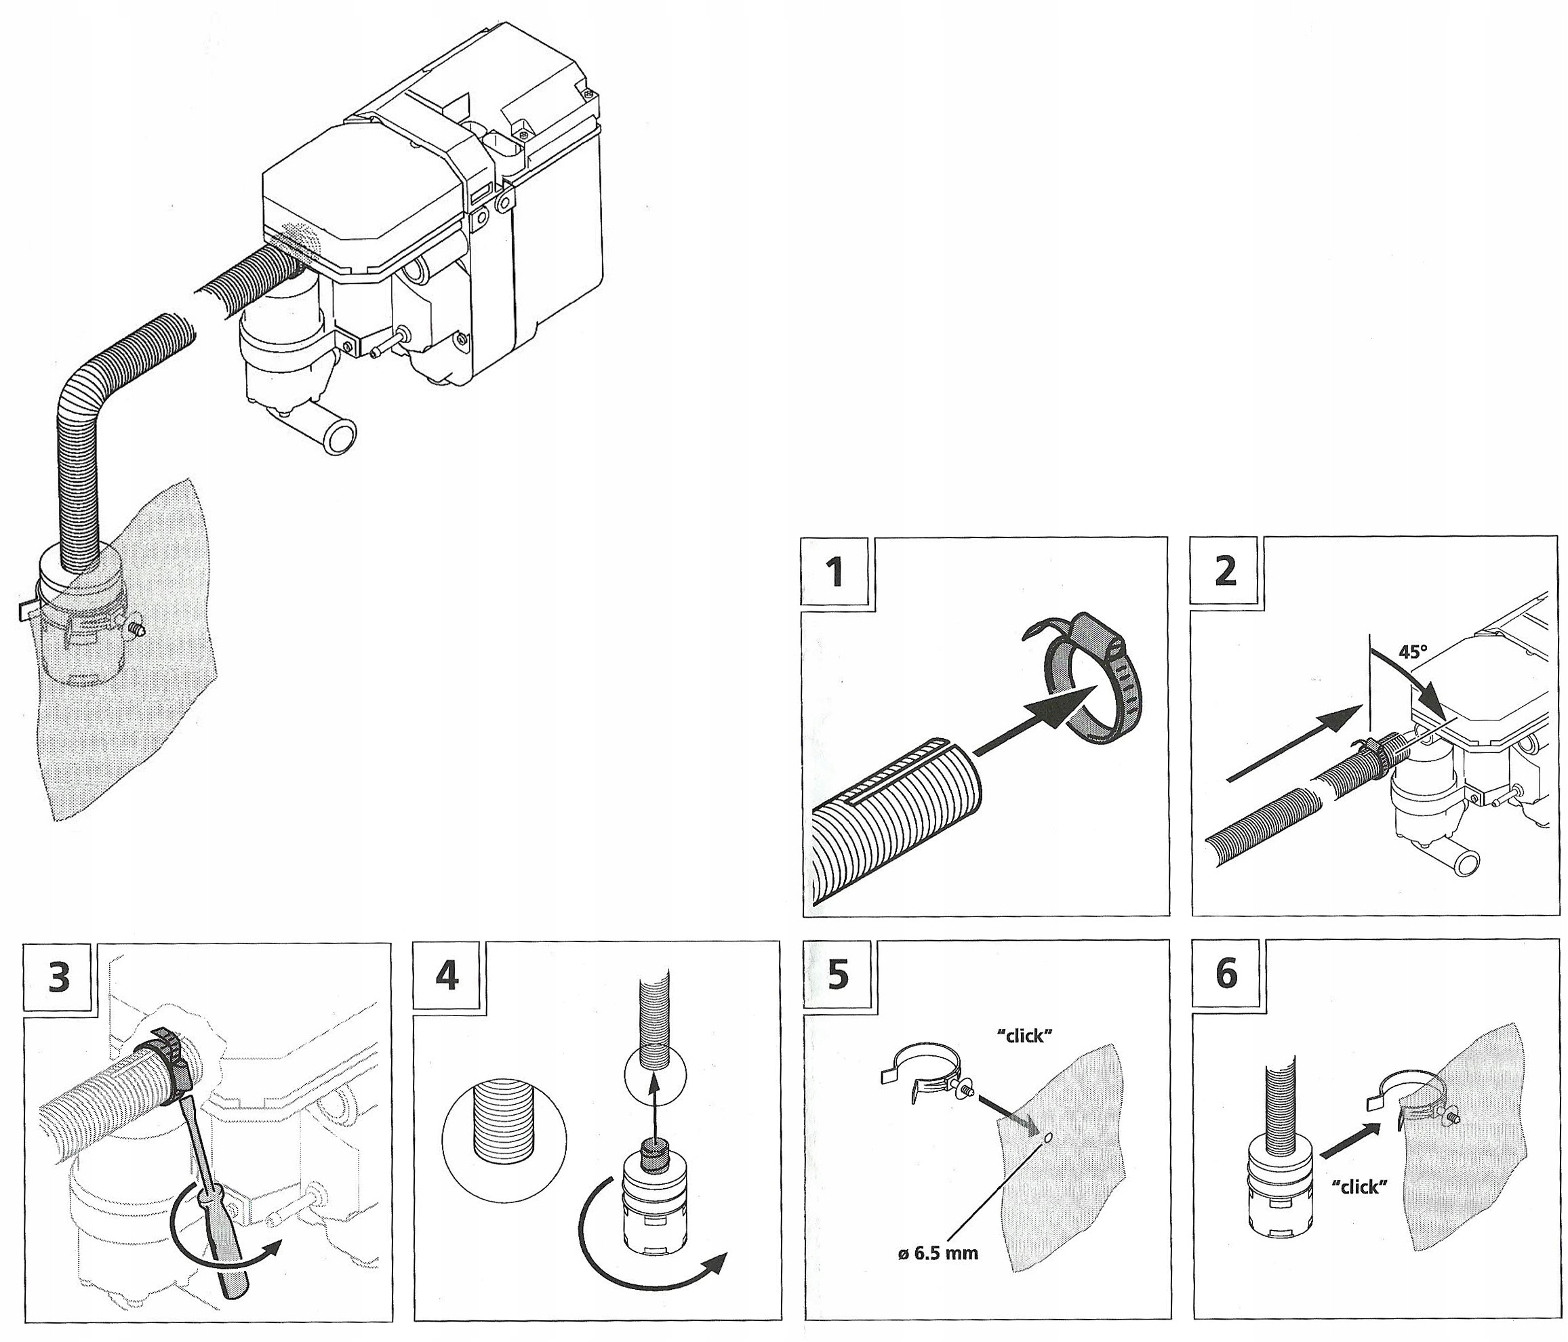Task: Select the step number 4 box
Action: pyautogui.click(x=447, y=976)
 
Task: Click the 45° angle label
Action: pyautogui.click(x=1412, y=652)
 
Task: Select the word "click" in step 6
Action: pyautogui.click(x=1359, y=1208)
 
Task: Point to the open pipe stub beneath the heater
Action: pyautogui.click(x=338, y=436)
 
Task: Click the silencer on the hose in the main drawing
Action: pyautogui.click(x=82, y=619)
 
